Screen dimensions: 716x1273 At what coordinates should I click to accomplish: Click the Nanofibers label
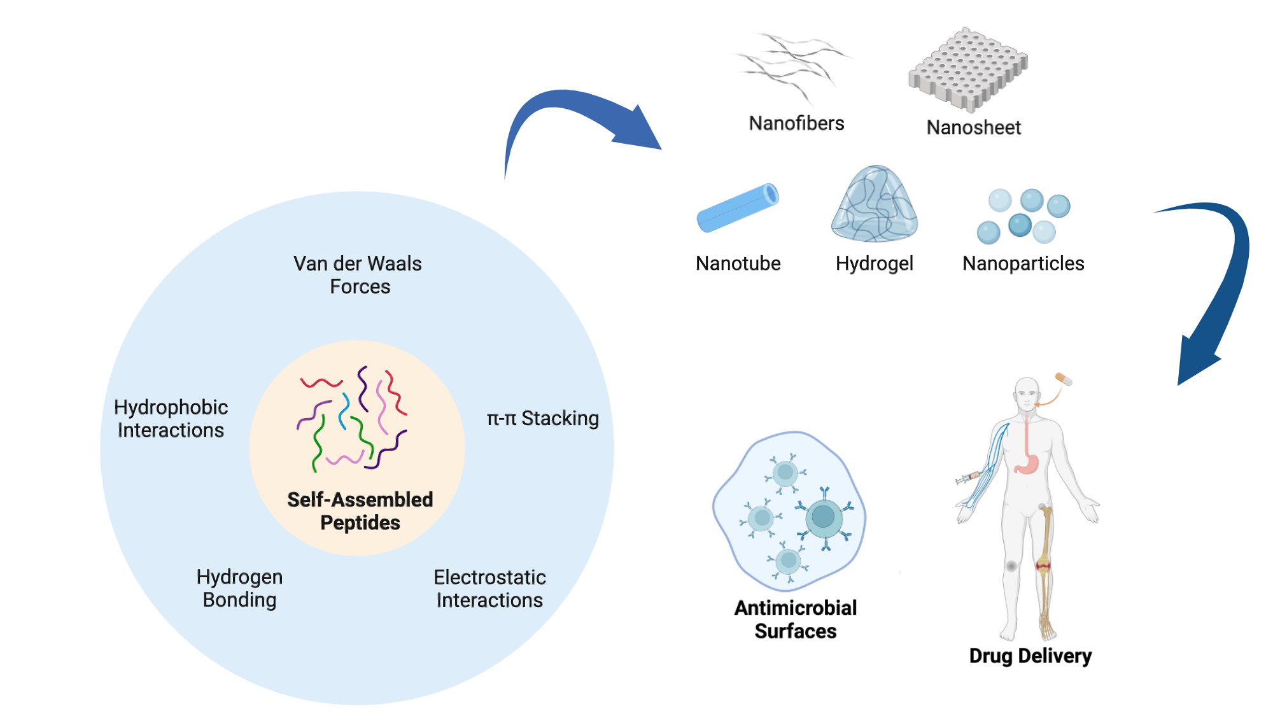(796, 123)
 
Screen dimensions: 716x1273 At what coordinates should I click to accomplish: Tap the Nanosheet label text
(973, 127)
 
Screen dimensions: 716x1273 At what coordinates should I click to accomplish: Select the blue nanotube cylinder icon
(738, 207)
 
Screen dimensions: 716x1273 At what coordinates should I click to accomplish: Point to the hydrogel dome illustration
(875, 205)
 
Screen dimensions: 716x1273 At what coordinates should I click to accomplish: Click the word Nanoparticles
(1023, 263)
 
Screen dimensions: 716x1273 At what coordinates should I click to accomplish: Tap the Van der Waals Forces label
(358, 275)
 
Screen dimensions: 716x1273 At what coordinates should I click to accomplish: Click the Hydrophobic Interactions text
(171, 419)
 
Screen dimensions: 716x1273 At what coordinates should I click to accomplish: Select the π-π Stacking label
(542, 418)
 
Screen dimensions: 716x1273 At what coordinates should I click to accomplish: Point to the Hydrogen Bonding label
(239, 588)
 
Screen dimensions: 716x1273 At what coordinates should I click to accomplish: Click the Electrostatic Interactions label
(489, 589)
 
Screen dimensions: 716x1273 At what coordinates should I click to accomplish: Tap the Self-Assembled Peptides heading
(360, 511)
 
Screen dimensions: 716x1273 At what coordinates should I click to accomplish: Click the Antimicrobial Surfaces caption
(796, 619)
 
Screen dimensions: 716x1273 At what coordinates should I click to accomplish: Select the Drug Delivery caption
(1030, 656)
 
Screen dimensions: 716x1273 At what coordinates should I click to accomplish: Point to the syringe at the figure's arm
(968, 477)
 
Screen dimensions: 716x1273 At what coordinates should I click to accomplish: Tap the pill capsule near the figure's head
(1064, 379)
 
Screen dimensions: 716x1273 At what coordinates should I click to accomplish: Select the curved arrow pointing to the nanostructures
(573, 118)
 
